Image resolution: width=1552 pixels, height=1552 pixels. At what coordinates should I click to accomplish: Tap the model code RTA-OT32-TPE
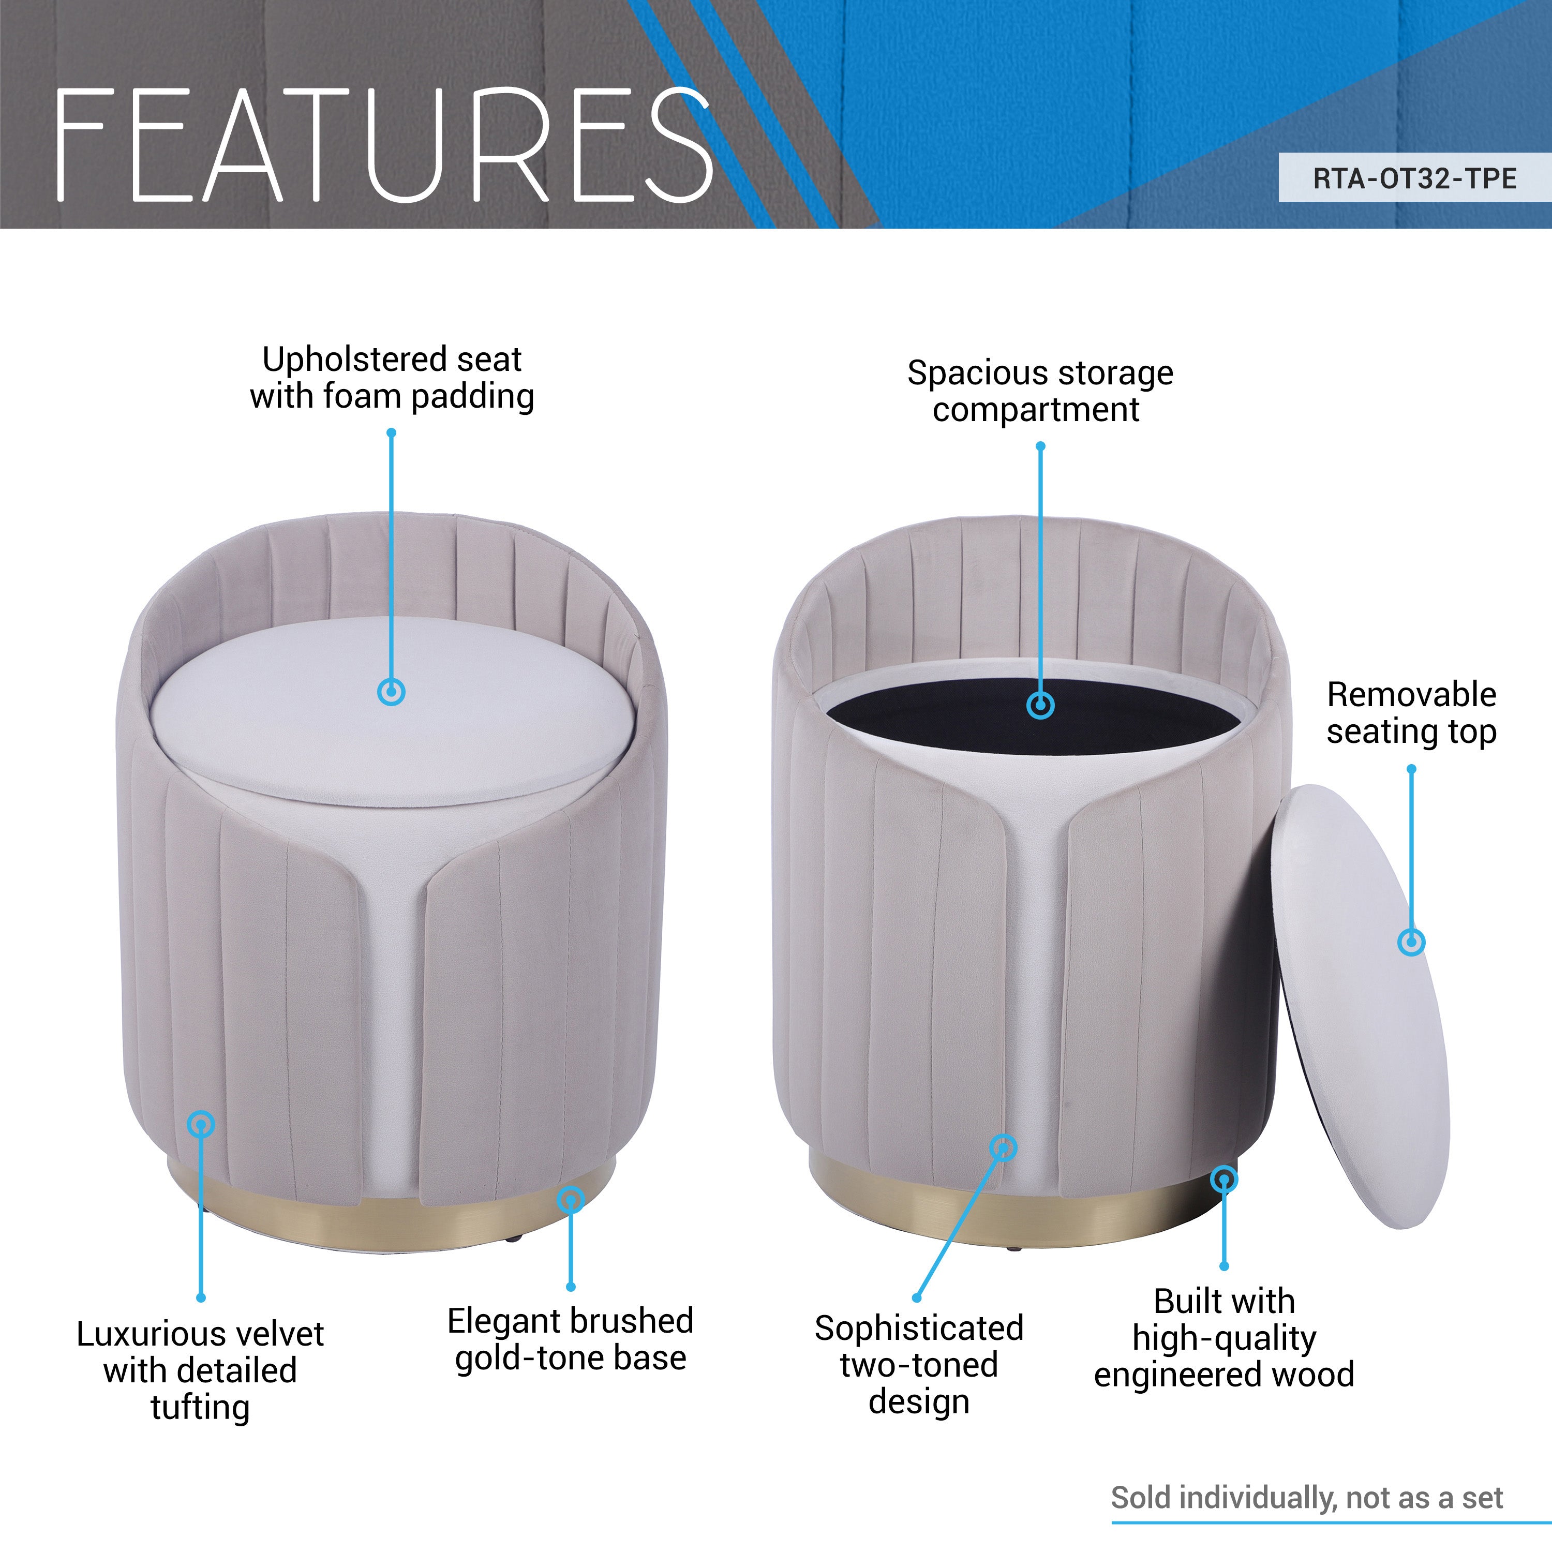click(x=1414, y=178)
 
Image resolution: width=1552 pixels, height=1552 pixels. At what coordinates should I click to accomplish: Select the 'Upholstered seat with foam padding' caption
click(x=392, y=378)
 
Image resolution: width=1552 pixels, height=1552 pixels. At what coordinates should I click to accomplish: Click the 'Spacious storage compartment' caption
click(x=1039, y=391)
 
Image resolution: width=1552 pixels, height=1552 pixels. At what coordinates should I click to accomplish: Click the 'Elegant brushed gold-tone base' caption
click(x=570, y=1339)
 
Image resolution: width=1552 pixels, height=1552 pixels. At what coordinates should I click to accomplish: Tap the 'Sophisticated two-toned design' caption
click(x=919, y=1365)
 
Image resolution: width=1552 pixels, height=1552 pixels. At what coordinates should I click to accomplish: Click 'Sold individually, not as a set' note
click(x=1306, y=1497)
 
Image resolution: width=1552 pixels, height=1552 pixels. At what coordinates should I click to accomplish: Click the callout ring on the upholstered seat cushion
click(x=391, y=692)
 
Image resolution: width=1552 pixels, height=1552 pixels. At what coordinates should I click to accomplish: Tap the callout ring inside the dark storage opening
click(x=1040, y=705)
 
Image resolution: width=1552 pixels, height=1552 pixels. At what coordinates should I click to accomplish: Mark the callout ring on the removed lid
click(x=1411, y=942)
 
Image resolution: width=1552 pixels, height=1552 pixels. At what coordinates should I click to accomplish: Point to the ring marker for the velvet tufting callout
click(x=201, y=1123)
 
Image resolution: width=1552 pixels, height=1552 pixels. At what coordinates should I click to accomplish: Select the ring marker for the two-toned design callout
click(x=1003, y=1147)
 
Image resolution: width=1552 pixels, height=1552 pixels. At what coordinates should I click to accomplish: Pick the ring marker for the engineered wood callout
click(x=1223, y=1180)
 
